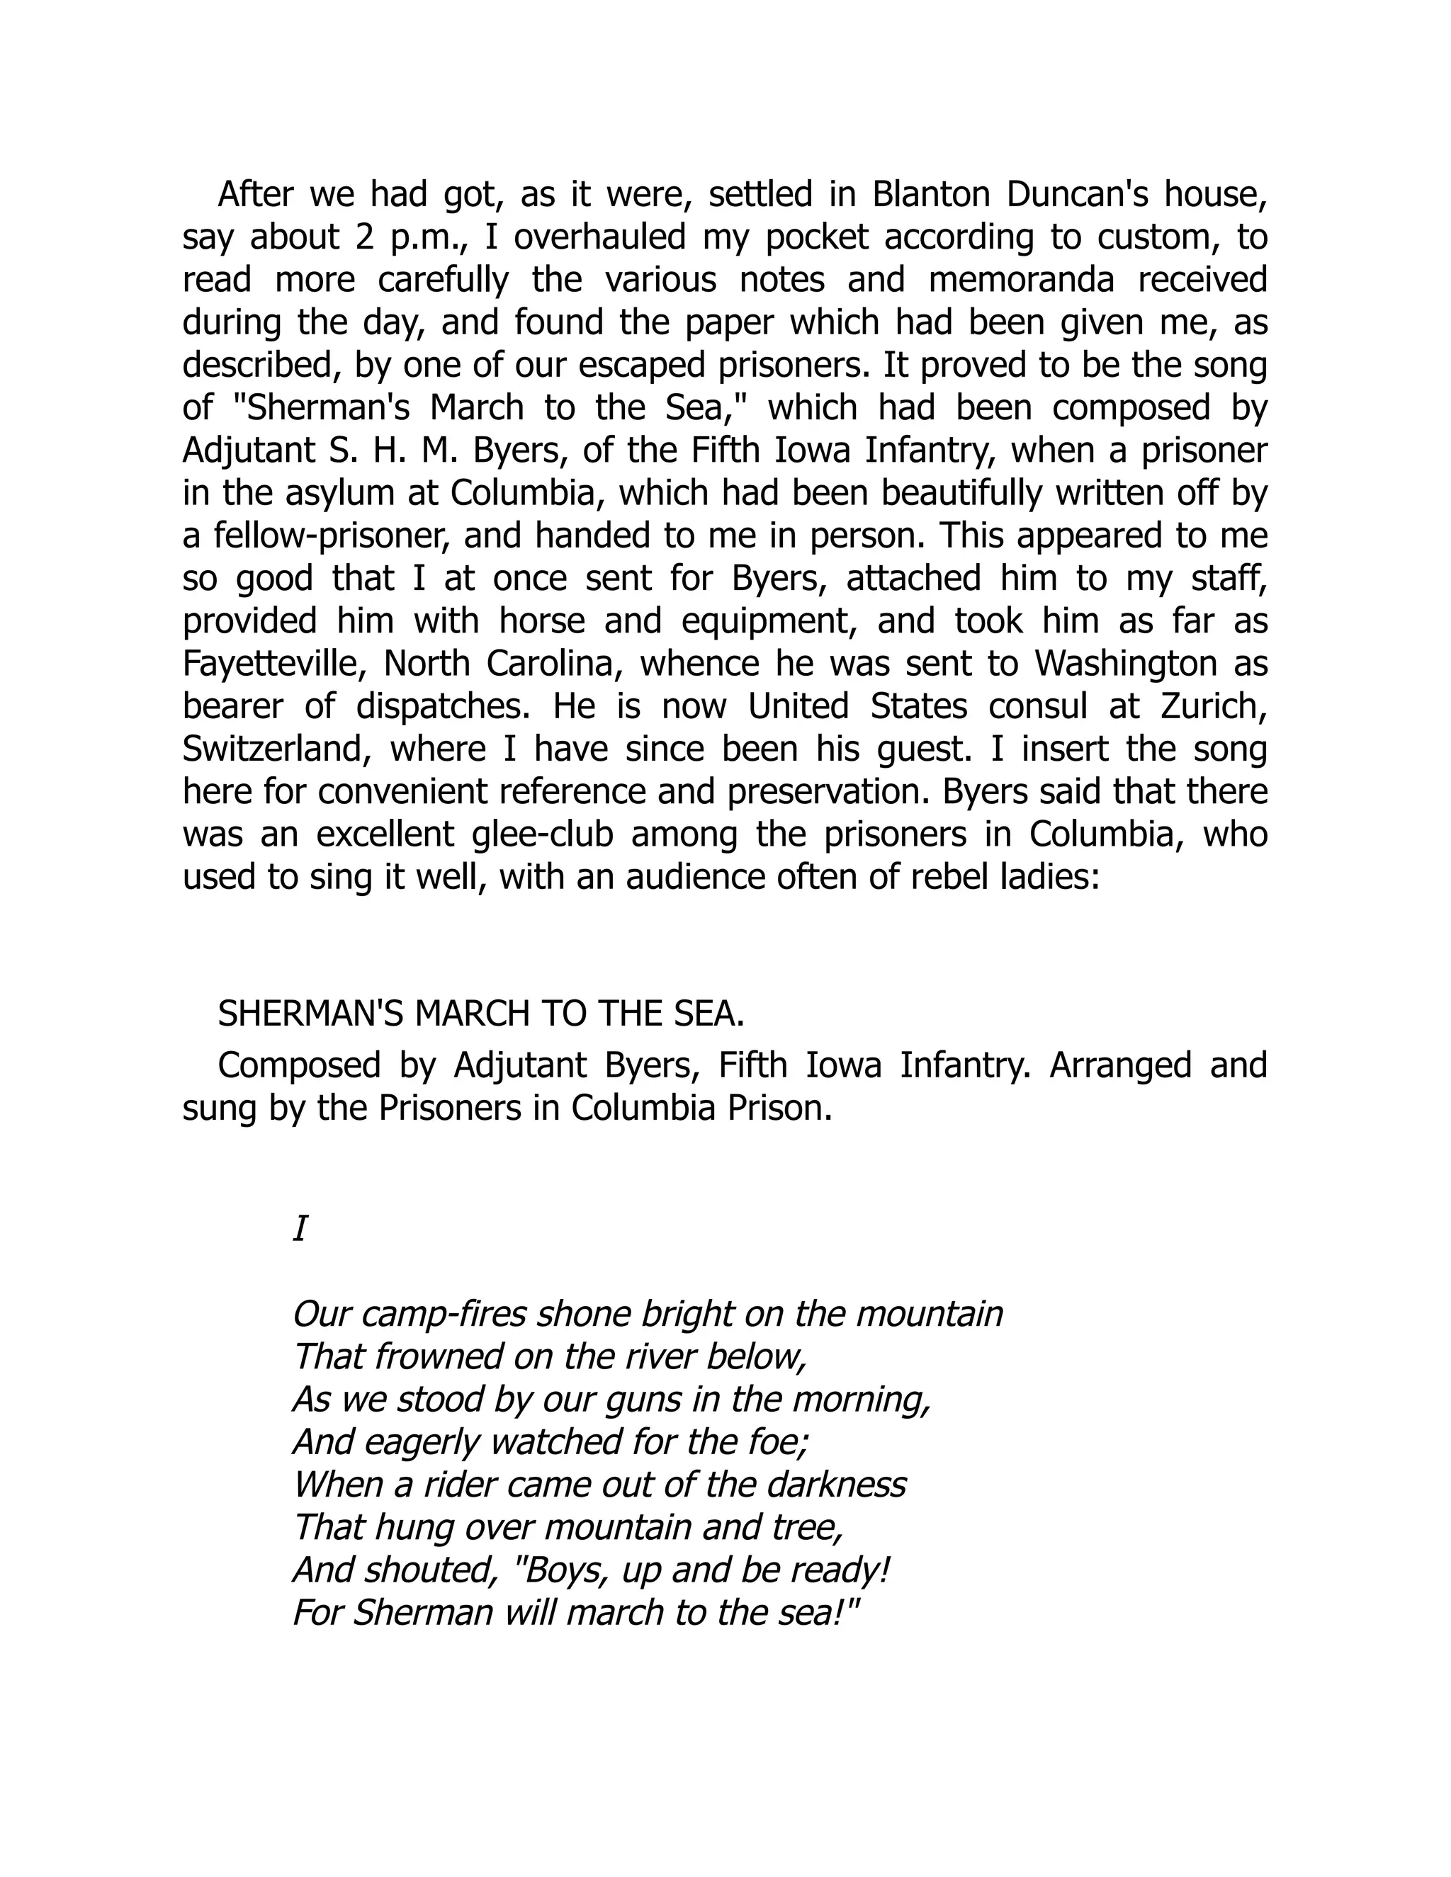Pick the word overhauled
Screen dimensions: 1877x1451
599,238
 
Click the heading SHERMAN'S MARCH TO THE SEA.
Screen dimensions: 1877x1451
480,1015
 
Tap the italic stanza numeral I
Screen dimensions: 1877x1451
300,1230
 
